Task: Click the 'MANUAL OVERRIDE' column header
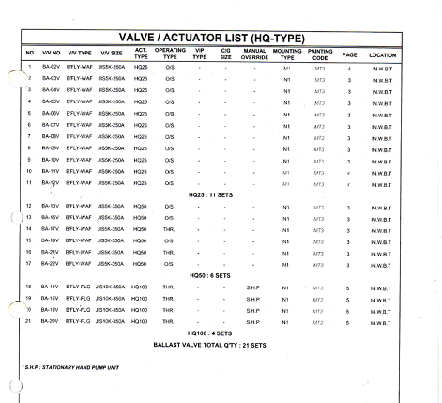pos(255,54)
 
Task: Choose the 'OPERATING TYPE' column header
pos(170,54)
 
